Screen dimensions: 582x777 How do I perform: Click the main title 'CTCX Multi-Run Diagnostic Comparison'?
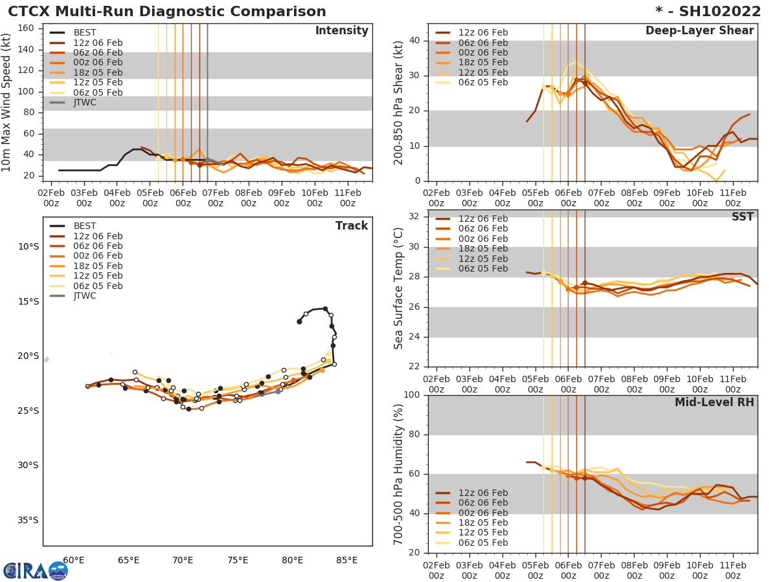click(x=167, y=12)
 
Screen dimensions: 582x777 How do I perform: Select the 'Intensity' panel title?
click(x=341, y=31)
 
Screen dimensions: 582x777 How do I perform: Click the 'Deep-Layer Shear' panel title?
click(x=699, y=31)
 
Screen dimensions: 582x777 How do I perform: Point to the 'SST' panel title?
click(x=743, y=217)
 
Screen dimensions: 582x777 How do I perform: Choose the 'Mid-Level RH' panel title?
click(x=714, y=403)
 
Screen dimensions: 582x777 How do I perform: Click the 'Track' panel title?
click(x=352, y=226)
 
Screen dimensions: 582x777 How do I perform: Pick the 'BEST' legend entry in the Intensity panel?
click(x=85, y=32)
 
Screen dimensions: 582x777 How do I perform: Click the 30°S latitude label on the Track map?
click(x=28, y=466)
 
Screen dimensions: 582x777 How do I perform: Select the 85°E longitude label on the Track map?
click(x=347, y=560)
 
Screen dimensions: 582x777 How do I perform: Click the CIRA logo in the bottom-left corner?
click(x=36, y=570)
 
